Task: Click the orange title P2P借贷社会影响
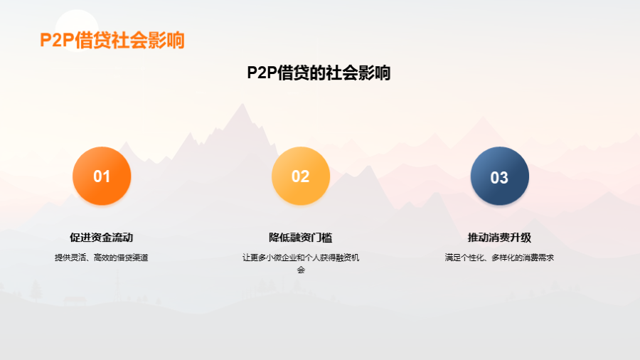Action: (x=112, y=40)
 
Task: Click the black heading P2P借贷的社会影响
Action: (x=319, y=73)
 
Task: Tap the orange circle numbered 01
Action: (x=102, y=176)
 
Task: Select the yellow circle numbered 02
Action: (x=301, y=176)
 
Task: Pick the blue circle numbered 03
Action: (x=500, y=176)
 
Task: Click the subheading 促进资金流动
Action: (x=101, y=238)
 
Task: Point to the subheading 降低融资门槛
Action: (x=300, y=238)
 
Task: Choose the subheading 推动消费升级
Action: (x=499, y=238)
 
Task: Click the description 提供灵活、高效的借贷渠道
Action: (x=101, y=258)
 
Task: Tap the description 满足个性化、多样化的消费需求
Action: (x=499, y=258)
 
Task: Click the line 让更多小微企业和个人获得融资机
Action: (x=301, y=258)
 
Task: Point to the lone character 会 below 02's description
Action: (x=301, y=270)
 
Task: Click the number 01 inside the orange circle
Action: (x=102, y=176)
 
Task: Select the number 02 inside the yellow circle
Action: (x=300, y=176)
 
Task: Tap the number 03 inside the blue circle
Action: (x=499, y=178)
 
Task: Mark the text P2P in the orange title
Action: (x=57, y=41)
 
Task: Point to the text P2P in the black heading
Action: (x=262, y=73)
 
